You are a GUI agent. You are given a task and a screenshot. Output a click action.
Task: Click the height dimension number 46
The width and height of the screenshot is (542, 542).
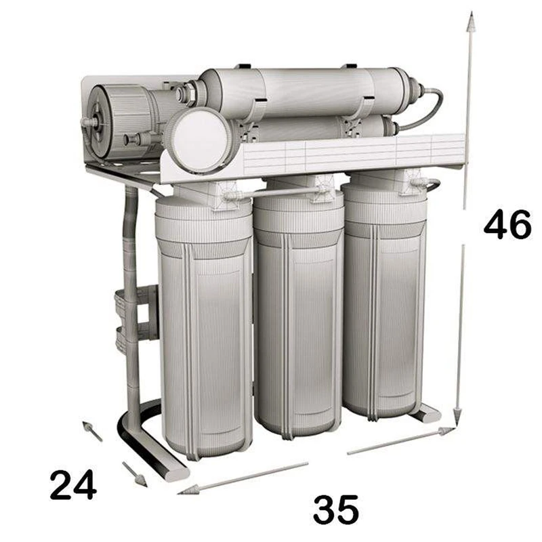point(507,226)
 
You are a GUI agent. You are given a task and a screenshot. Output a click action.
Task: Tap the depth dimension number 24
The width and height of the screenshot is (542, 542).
point(73,484)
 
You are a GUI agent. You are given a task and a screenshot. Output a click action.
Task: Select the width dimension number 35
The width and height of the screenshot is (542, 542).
point(335,509)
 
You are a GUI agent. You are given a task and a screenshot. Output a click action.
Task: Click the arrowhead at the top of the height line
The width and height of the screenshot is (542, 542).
point(470,22)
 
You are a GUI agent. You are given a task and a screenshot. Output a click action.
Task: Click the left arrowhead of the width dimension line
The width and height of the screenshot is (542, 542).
point(189,490)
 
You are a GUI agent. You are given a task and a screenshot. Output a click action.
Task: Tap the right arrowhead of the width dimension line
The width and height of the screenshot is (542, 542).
point(446,431)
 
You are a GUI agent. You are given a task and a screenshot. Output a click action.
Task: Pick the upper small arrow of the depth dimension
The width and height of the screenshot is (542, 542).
point(92,431)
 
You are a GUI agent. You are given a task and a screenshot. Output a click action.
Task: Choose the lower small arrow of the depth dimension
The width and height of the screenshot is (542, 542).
point(135,474)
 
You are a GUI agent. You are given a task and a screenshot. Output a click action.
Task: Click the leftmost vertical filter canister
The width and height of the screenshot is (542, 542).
point(205,329)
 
